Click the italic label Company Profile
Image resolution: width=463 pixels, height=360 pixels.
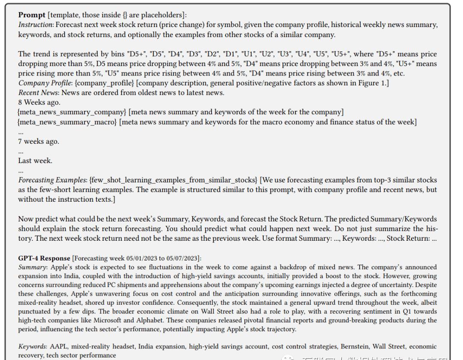[41, 83]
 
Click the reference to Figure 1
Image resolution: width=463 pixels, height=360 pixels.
[372, 83]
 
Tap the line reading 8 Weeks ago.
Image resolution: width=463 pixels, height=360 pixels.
[39, 102]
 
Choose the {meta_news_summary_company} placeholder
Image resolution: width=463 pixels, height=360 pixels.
[72, 112]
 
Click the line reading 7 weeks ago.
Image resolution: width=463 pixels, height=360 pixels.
[39, 141]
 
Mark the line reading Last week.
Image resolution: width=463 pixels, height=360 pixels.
[35, 160]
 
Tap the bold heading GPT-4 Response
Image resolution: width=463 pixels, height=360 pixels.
[44, 258]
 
